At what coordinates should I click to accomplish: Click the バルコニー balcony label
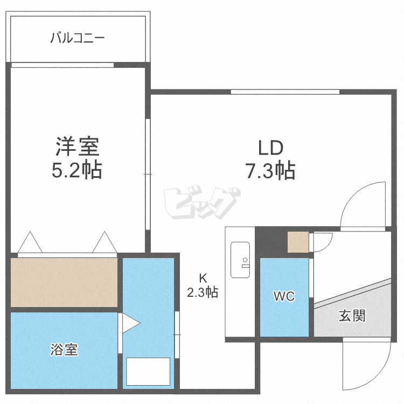(x=78, y=39)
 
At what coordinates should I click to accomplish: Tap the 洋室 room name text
(x=77, y=147)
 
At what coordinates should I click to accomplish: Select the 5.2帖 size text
(x=77, y=171)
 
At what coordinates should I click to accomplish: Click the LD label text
(x=270, y=147)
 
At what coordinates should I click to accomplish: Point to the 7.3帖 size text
(x=270, y=171)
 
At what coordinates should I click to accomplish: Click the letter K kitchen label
(x=203, y=278)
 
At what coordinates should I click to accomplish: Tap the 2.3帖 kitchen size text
(x=203, y=293)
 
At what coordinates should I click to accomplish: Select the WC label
(x=284, y=297)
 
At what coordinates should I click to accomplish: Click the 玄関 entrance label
(x=352, y=316)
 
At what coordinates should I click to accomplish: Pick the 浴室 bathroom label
(x=64, y=350)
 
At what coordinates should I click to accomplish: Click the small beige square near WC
(x=297, y=242)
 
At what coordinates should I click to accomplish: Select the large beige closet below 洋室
(x=64, y=282)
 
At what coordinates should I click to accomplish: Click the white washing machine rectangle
(x=148, y=371)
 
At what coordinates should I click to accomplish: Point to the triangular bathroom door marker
(x=130, y=323)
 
